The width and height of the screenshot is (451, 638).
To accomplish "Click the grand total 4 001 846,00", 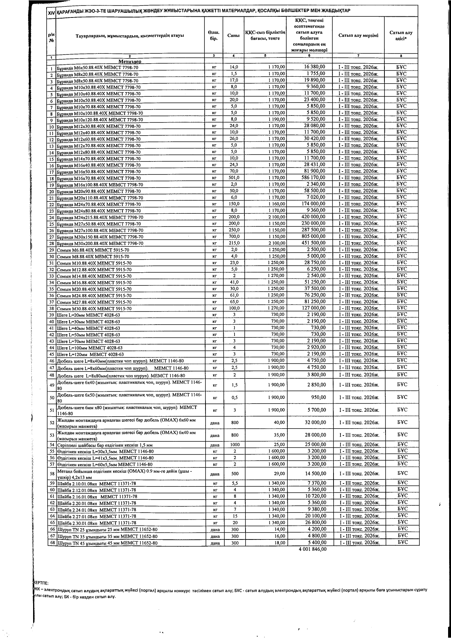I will [x=312, y=549].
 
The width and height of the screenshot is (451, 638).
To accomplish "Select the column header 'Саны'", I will [x=233, y=36].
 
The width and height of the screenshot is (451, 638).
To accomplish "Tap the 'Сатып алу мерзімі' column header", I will [x=358, y=36].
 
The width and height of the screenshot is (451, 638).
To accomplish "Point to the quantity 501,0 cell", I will [x=234, y=178].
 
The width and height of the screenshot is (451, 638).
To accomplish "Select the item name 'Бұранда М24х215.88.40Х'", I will [x=100, y=217].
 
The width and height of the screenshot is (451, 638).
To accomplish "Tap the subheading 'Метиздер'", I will [x=129, y=61].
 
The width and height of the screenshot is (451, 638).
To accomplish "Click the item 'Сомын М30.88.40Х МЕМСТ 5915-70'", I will [x=94, y=309].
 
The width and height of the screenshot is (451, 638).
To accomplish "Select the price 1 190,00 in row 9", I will [x=276, y=119].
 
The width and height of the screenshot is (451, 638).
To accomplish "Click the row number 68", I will [x=52, y=543].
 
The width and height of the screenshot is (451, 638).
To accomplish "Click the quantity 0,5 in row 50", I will [x=235, y=398].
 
